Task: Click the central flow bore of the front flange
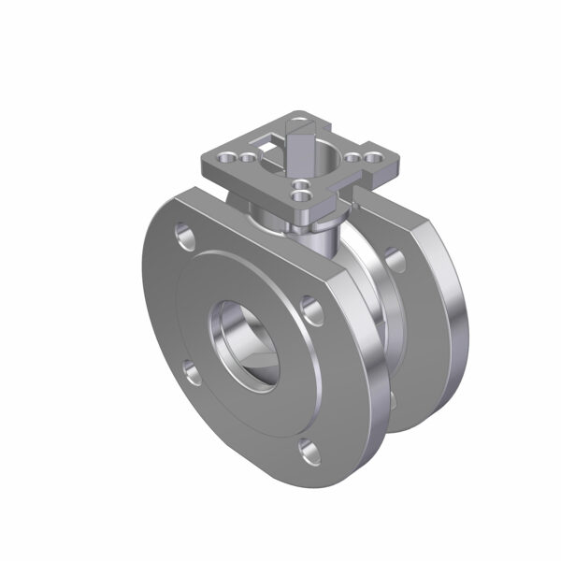click(x=245, y=343)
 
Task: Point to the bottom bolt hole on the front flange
click(x=308, y=452)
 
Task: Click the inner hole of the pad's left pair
click(x=247, y=158)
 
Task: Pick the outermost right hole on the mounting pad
click(x=372, y=159)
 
